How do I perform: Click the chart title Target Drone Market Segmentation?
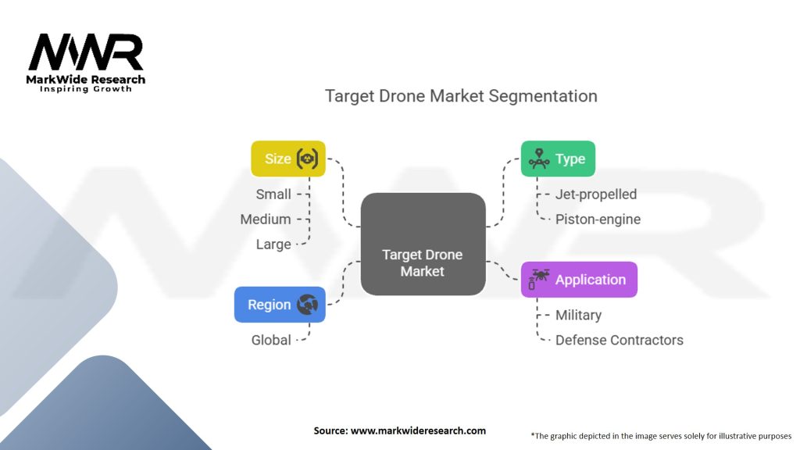pos(461,96)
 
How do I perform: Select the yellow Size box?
pos(287,159)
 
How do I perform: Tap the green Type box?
pos(558,159)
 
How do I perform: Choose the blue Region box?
pos(280,305)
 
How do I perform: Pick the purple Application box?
pos(579,280)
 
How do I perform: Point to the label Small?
pos(273,195)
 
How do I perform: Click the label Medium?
pos(266,220)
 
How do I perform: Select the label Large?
pos(273,245)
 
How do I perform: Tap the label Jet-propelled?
pos(596,195)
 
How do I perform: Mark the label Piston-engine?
pos(598,220)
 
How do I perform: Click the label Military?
pos(578,315)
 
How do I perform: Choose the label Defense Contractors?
pos(619,340)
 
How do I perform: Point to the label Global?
pos(271,340)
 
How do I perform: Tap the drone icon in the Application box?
pos(539,279)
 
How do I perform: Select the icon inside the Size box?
pos(309,159)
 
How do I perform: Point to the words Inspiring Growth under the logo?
pos(86,89)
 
